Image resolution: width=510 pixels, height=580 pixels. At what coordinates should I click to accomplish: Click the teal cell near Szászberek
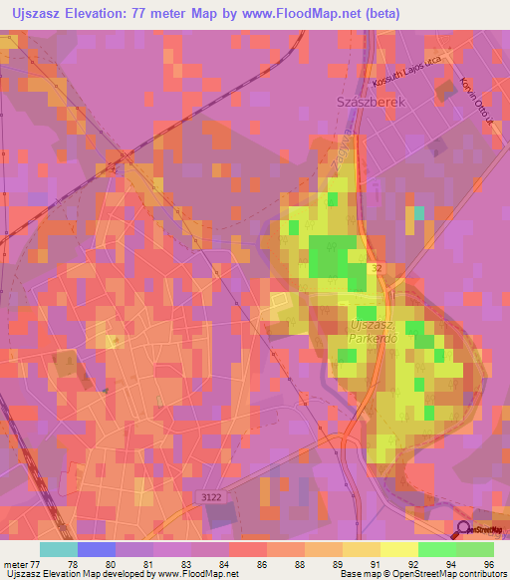[x=419, y=212]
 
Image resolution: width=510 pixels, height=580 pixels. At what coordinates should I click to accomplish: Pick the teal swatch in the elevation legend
[x=58, y=549]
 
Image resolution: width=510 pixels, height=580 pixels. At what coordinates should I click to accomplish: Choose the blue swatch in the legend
[x=96, y=549]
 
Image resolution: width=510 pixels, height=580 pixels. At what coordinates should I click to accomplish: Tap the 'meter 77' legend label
[x=20, y=564]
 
